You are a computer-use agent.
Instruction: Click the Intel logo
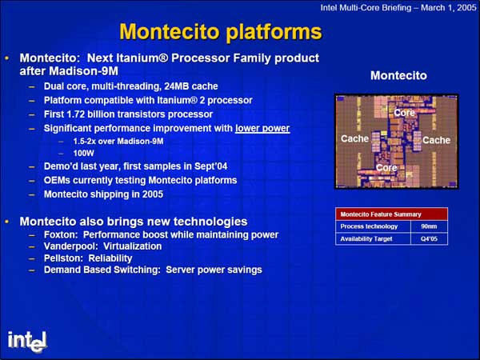point(27,342)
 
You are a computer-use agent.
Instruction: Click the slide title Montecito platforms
point(221,32)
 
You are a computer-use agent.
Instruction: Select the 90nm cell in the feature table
point(429,226)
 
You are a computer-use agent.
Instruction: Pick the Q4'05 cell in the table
point(429,238)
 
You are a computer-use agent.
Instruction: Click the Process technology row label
point(369,226)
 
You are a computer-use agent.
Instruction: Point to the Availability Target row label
point(366,238)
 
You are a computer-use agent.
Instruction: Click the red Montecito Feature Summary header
point(391,214)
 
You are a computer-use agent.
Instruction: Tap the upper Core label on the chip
point(404,113)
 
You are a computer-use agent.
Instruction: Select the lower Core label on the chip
point(386,168)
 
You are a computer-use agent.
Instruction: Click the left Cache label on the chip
point(354,138)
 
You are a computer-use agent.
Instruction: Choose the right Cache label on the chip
point(436,140)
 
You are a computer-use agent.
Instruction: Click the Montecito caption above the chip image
point(398,75)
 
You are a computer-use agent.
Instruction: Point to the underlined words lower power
point(262,128)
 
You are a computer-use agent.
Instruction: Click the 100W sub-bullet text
point(83,153)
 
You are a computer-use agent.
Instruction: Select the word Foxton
point(61,234)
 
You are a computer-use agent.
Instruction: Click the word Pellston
point(62,258)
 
